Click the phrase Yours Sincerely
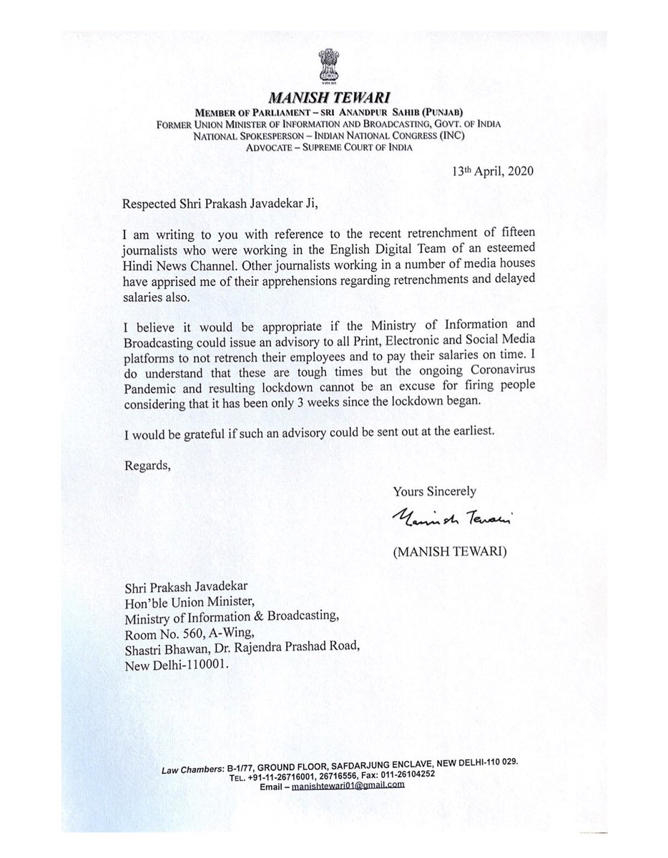click(433, 491)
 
